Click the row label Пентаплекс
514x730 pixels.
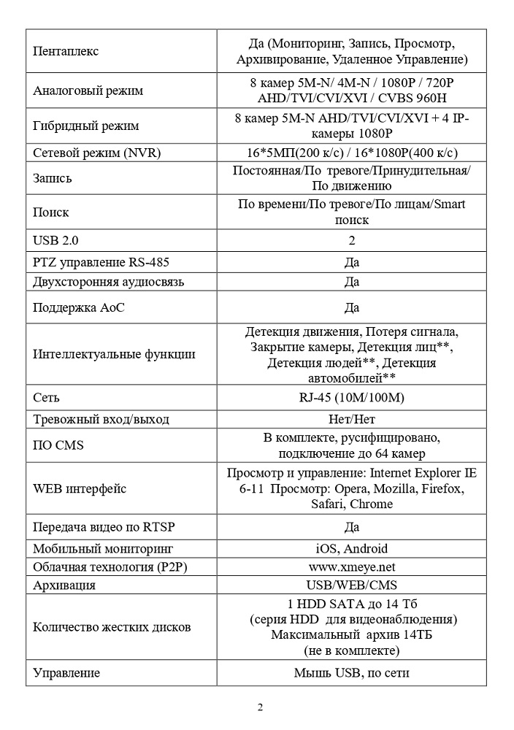pos(66,51)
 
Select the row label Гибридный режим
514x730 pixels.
pos(86,126)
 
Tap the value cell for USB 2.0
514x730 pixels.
pos(351,240)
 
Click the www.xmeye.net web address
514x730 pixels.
pos(351,566)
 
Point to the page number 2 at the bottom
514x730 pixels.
pos(260,707)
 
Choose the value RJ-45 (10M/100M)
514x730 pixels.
pos(351,398)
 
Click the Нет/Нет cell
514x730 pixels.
pos(351,419)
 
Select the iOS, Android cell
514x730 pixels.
pos(351,548)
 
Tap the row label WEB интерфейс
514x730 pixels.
pos(80,489)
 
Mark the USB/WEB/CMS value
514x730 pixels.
pos(351,585)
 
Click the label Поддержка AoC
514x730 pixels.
pos(79,307)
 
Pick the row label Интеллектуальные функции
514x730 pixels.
pos(114,354)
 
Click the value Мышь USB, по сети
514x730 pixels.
pos(351,672)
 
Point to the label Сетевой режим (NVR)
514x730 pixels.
pos(96,153)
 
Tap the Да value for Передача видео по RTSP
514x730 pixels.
pos(351,526)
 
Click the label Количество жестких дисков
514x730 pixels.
pos(112,627)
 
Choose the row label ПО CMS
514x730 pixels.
pos(59,445)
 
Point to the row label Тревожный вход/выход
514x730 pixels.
pos(101,419)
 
